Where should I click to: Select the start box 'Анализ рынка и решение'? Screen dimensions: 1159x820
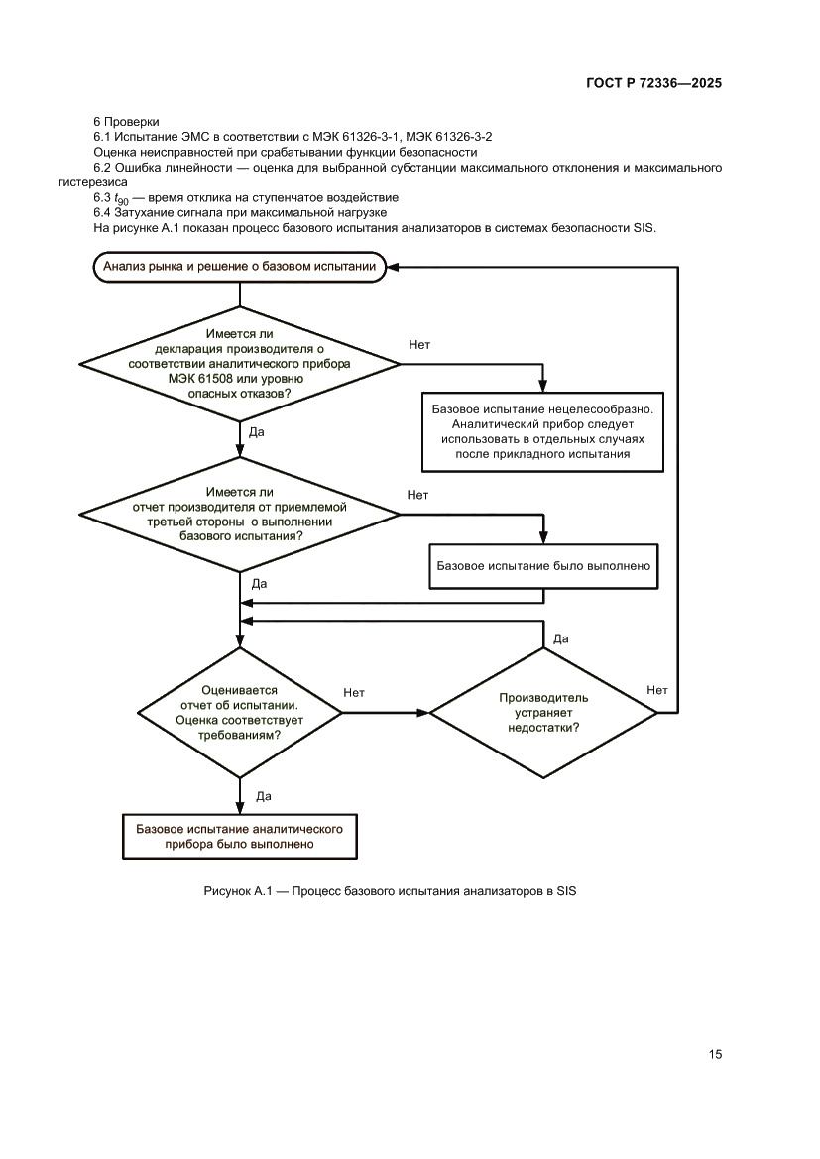tap(239, 266)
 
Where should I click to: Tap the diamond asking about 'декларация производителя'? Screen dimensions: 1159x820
tap(239, 364)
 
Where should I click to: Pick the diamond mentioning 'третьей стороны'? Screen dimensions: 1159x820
tap(239, 514)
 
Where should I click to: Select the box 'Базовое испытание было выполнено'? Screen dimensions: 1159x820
tap(543, 566)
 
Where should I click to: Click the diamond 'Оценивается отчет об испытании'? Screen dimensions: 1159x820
tap(239, 712)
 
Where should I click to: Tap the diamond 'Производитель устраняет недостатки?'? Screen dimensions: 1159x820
tap(542, 712)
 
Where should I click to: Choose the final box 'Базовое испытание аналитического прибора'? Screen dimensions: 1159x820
tap(239, 835)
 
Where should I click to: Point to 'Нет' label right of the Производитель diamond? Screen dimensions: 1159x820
tap(656, 690)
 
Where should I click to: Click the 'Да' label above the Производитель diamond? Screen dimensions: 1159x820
tap(560, 638)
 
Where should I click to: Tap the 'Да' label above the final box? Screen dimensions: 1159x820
tap(264, 796)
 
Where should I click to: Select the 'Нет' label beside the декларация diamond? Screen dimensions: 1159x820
tap(419, 344)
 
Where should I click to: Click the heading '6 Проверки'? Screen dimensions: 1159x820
tap(126, 121)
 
